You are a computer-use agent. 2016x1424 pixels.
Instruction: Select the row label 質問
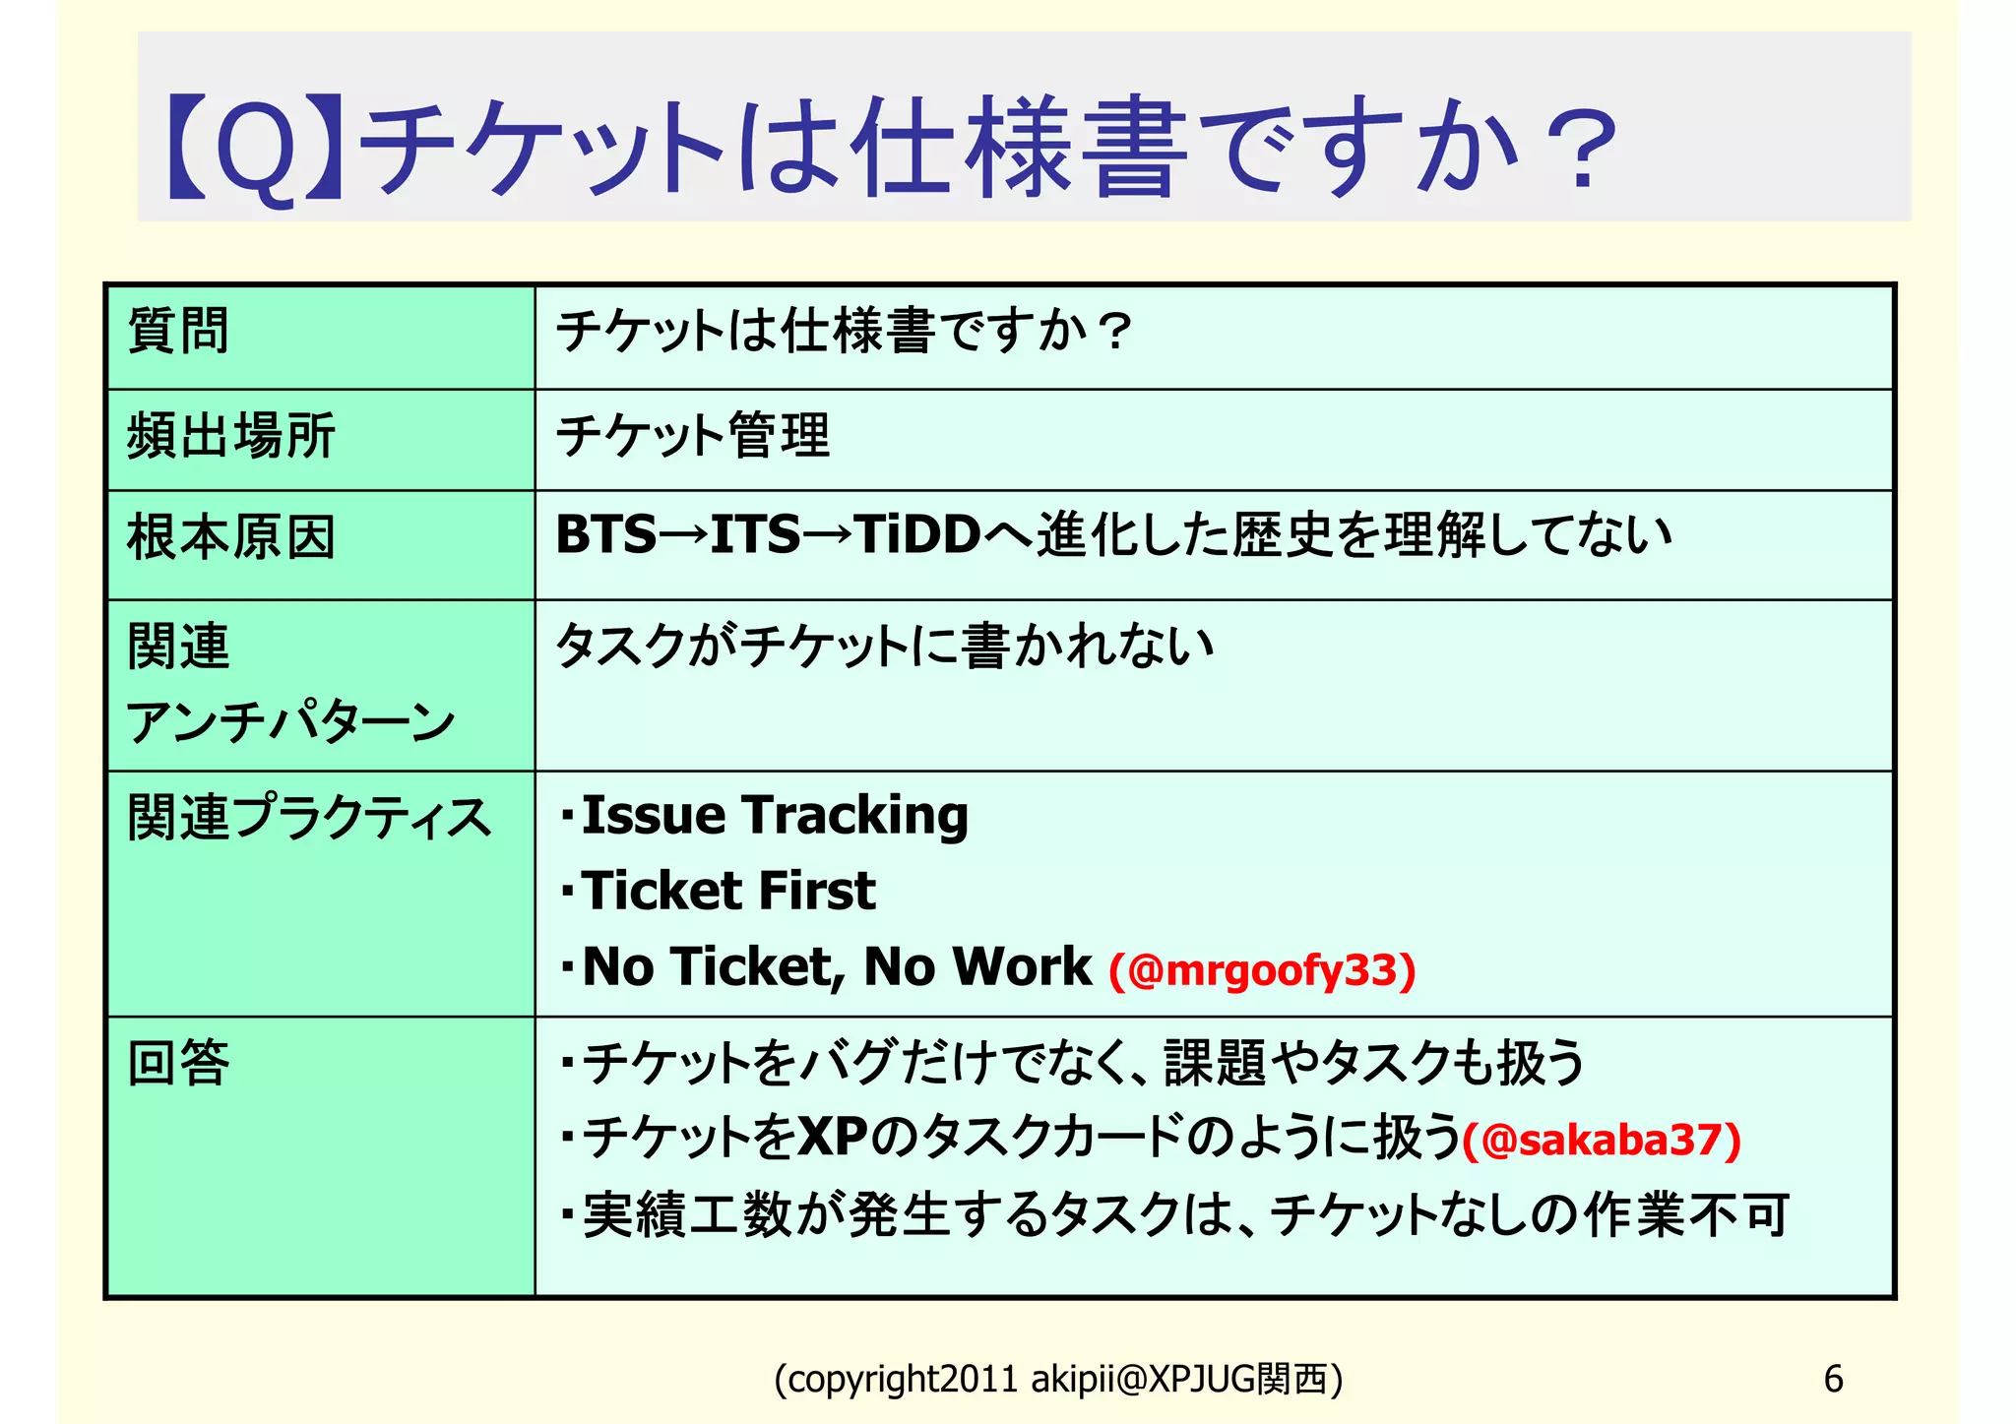click(x=178, y=331)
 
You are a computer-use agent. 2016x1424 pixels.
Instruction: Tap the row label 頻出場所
click(x=231, y=436)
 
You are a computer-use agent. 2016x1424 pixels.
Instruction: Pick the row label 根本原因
click(x=231, y=537)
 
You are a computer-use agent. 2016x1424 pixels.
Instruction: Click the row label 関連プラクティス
click(x=309, y=817)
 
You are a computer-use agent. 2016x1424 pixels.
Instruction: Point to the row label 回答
click(x=178, y=1063)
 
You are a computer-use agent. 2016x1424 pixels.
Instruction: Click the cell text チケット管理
click(x=693, y=436)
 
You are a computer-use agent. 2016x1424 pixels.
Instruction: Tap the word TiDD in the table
click(x=917, y=535)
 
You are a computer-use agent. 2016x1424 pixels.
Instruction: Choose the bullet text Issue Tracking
click(x=775, y=816)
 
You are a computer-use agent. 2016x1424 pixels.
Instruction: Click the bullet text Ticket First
click(x=728, y=892)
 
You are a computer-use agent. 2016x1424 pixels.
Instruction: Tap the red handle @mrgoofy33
click(x=1262, y=970)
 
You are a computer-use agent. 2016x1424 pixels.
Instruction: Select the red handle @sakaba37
click(x=1602, y=1140)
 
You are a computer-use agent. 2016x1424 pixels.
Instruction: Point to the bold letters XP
click(x=832, y=1138)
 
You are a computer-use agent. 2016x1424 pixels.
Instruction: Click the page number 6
click(x=1833, y=1379)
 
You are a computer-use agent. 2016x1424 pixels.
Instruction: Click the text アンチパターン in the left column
click(x=291, y=723)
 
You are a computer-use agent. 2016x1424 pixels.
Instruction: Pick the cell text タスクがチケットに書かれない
click(x=884, y=647)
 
